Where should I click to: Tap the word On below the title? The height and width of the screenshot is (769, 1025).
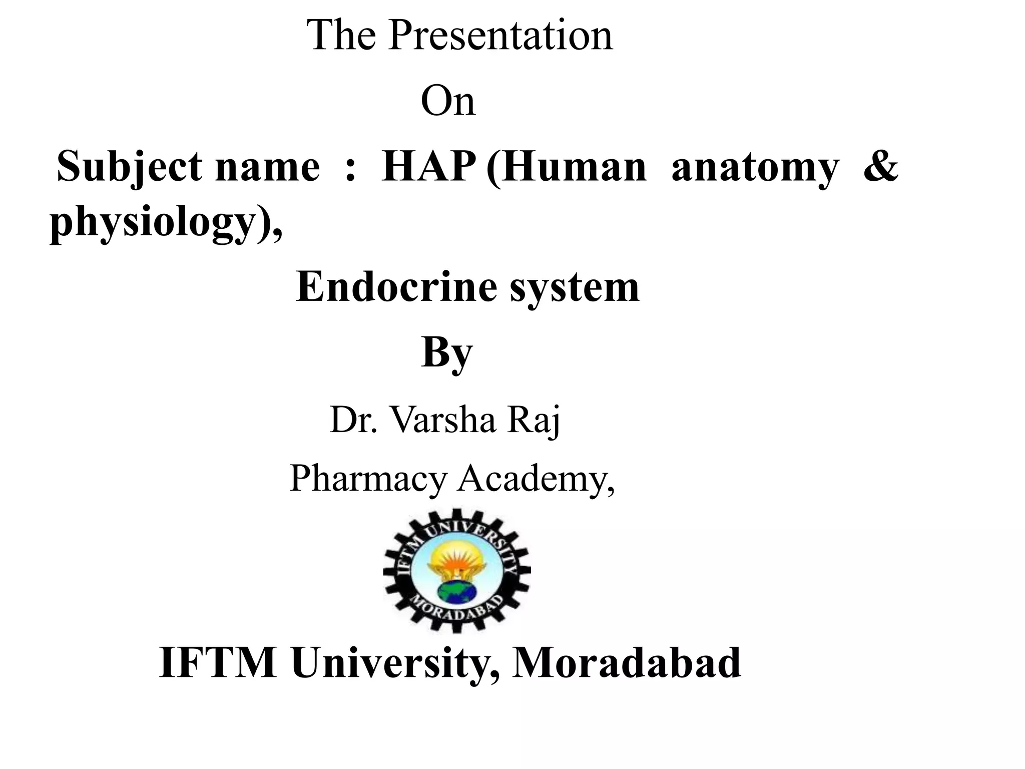coord(447,101)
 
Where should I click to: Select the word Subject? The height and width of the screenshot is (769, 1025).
coord(129,167)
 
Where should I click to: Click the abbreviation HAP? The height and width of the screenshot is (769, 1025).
coord(428,167)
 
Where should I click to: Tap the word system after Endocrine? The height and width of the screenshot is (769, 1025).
coord(575,288)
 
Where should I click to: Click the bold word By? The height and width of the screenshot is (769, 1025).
coord(446,353)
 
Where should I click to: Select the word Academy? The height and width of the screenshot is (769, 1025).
coord(536,479)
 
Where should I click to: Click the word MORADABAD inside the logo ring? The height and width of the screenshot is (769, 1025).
coord(456,615)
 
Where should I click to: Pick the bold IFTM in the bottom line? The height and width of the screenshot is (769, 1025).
coord(218,662)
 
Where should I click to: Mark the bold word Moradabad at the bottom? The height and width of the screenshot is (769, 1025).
coord(626,662)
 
